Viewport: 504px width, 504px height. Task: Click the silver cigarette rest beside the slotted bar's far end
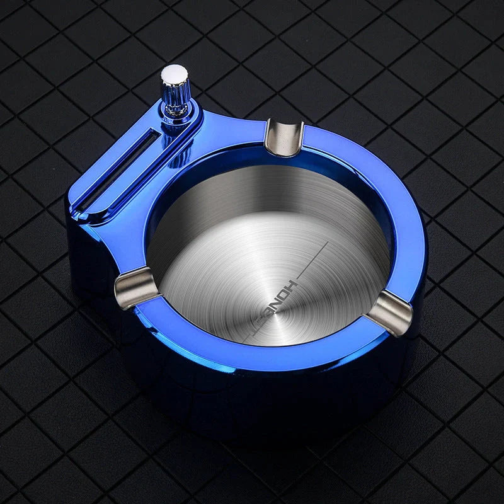pyautogui.click(x=134, y=286)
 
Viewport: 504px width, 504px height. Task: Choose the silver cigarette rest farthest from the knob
pyautogui.click(x=390, y=312)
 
